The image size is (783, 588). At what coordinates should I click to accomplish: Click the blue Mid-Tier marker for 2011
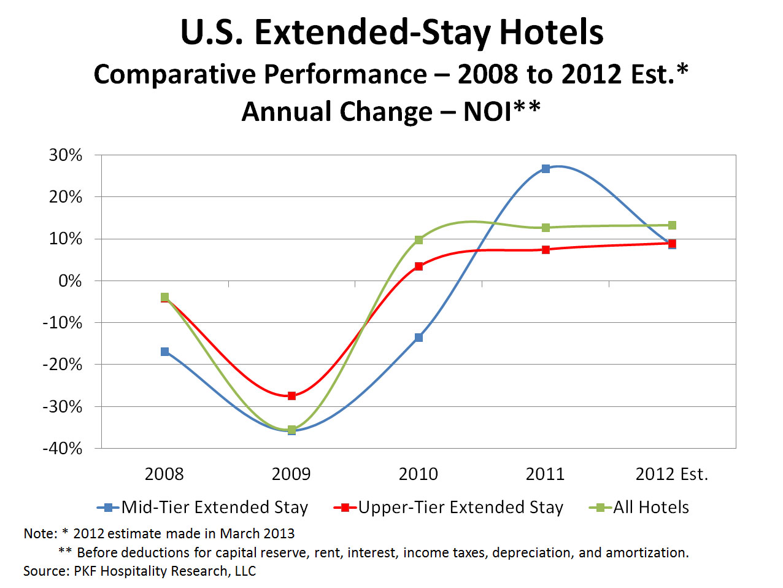point(546,169)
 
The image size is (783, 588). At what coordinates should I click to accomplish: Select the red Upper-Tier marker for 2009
point(291,396)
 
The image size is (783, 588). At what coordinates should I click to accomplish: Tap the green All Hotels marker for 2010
point(418,240)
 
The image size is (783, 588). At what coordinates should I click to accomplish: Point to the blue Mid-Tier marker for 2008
point(164,352)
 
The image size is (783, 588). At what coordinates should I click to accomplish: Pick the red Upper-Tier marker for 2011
point(546,250)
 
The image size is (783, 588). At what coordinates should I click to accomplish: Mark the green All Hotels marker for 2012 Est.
point(672,225)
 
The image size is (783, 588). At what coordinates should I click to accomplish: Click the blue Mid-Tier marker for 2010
point(418,338)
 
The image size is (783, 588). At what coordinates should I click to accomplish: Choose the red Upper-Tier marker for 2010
point(418,266)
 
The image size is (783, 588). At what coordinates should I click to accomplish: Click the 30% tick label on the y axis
point(66,155)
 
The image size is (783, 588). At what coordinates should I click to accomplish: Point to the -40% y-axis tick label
point(62,449)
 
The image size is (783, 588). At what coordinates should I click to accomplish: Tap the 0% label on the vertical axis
point(70,281)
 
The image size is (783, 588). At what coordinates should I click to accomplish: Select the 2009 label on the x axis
point(291,474)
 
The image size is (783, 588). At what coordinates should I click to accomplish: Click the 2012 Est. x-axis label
point(672,474)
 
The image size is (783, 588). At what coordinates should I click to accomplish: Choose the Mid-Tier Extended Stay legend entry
point(202,508)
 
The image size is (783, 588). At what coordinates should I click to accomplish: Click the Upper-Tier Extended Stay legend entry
point(449,508)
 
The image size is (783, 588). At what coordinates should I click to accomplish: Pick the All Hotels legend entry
point(639,508)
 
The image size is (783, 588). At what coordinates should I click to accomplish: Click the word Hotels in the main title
point(551,33)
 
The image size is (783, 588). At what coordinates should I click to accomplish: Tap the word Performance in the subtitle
point(345,75)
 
